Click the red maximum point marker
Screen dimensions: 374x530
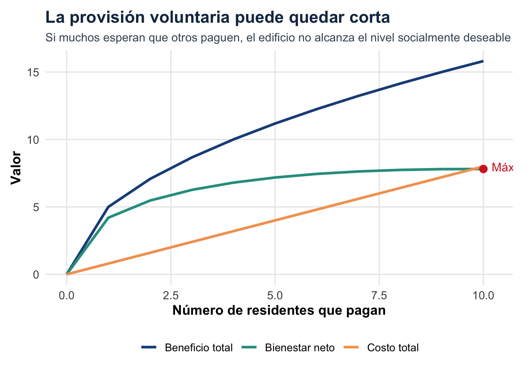[483, 169]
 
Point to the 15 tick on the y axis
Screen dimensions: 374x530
[33, 72]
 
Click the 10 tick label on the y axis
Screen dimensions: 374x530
[33, 140]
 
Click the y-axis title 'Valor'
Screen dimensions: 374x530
[16, 168]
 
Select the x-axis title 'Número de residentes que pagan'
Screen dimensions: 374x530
[279, 311]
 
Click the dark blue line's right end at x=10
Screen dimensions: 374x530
[482, 61]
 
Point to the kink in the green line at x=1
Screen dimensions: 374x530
[108, 218]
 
